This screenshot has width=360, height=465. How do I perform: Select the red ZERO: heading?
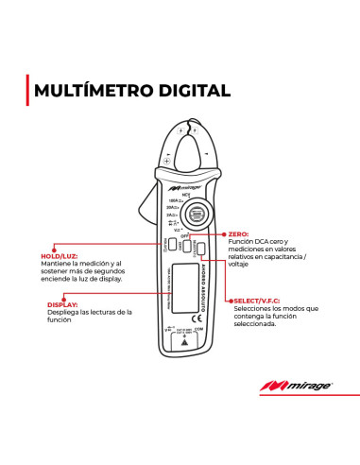pos(238,233)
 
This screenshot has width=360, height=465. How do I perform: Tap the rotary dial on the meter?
pos(197,213)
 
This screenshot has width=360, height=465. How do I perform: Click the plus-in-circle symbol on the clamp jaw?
pos(167,162)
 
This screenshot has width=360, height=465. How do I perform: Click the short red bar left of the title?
pos(26,91)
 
